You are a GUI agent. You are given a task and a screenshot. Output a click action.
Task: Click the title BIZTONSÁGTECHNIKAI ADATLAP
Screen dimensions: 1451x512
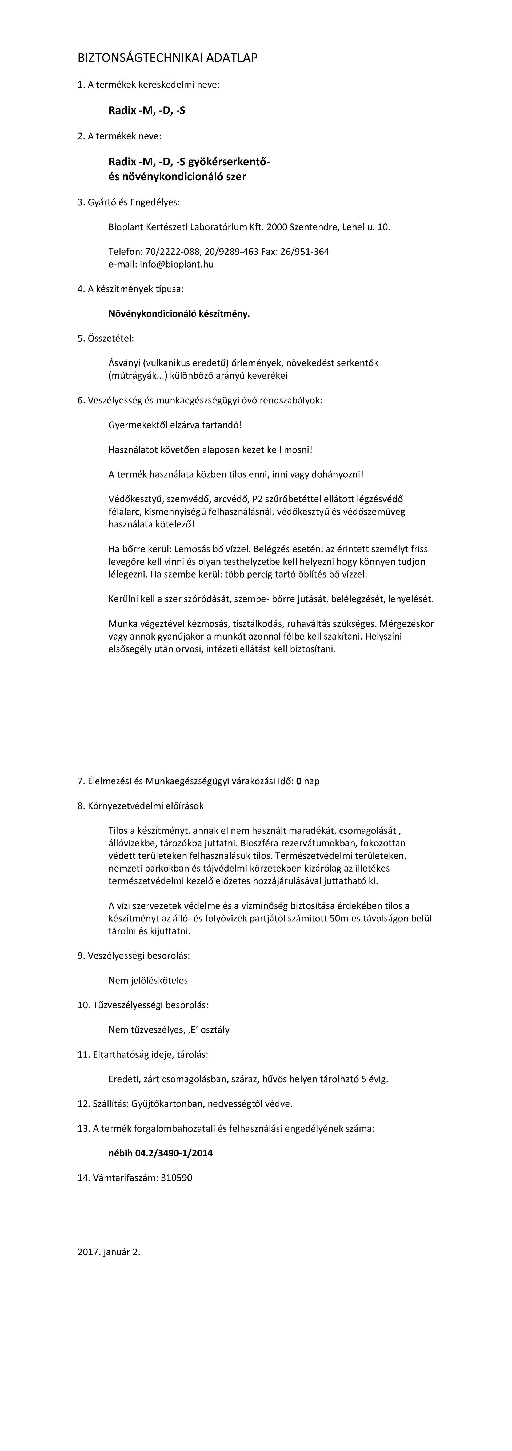click(167, 58)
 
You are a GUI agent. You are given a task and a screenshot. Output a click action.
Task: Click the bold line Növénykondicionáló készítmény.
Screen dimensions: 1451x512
click(179, 314)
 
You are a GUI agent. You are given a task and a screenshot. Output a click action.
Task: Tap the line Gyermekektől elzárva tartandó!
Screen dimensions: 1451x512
click(175, 425)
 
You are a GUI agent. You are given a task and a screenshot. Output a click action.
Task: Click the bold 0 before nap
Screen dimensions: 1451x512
click(299, 781)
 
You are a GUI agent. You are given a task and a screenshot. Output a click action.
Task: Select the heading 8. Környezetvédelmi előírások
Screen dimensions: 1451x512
click(141, 806)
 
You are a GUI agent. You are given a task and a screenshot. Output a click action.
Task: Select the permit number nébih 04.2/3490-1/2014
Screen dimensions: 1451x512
click(160, 1153)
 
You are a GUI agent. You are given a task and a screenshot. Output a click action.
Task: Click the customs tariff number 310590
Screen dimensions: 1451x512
click(177, 1178)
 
